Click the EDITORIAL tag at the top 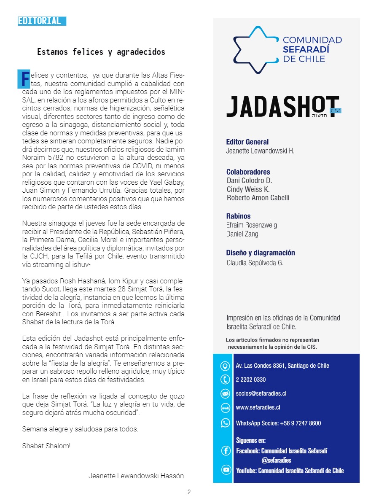coord(42,21)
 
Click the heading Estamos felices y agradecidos coord(101,52)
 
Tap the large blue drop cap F coord(25,78)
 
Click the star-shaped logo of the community coord(255,50)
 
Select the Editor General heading coord(247,142)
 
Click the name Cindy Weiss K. coord(248,189)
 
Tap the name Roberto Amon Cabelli coord(258,198)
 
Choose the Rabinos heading coord(238,216)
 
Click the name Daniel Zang coord(242,234)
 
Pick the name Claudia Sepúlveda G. coord(255,263)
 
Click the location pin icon coord(226,366)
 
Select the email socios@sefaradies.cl coord(261,393)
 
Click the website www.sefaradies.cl coord(258,407)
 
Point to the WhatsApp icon coord(226,423)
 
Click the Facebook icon coord(226,451)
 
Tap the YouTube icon coord(226,470)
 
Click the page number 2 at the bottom coord(189,492)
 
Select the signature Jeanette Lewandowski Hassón coord(136,476)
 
